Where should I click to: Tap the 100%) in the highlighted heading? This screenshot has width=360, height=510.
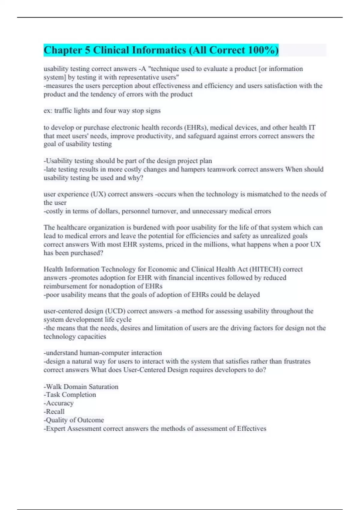pyautogui.click(x=264, y=50)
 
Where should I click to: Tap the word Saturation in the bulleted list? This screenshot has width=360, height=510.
pyautogui.click(x=103, y=387)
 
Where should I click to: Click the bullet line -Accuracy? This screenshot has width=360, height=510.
pyautogui.click(x=59, y=403)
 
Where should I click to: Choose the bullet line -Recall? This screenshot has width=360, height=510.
pyautogui.click(x=54, y=412)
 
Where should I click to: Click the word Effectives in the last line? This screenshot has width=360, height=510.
pyautogui.click(x=251, y=429)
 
